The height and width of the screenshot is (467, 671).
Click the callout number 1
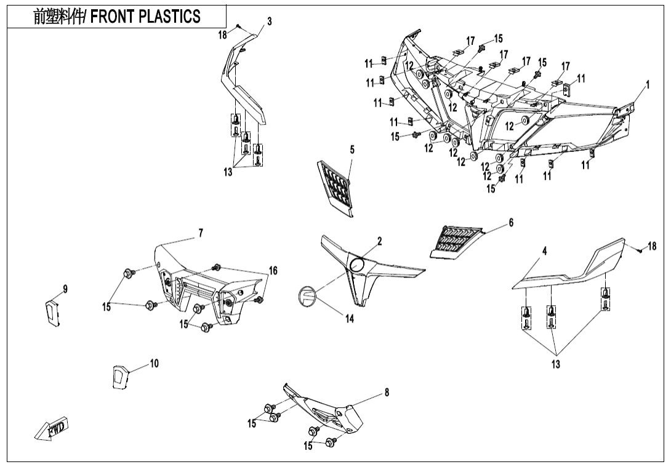pos(648,85)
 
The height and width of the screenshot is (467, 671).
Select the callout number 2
pos(380,241)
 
